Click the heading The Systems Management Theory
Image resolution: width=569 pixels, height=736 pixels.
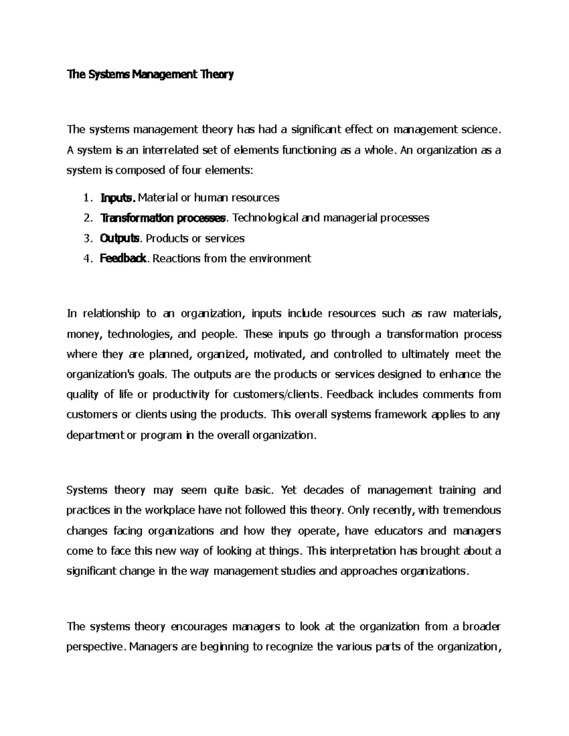tap(150, 75)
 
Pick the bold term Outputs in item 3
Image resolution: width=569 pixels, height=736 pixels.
tap(120, 238)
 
